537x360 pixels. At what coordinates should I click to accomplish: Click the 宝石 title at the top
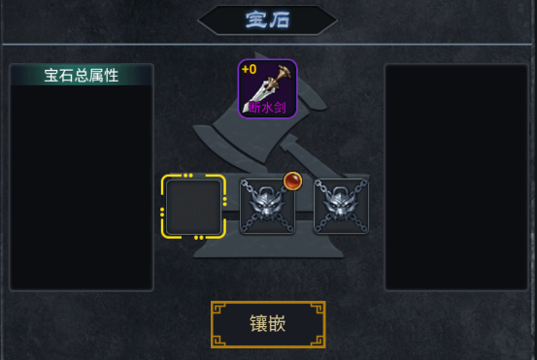pos(267,18)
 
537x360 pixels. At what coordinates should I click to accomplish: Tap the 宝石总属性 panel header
pos(82,75)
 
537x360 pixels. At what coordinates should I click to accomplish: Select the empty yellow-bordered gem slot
pos(194,206)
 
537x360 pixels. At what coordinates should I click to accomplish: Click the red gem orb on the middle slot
pos(292,180)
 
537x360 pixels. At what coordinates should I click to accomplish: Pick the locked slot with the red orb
pos(267,207)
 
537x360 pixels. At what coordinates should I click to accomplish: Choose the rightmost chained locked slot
pos(341,206)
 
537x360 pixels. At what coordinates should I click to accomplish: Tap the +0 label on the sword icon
pos(249,70)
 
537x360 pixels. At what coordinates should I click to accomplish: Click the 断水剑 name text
pos(267,108)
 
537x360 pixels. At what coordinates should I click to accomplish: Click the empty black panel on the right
pos(455,178)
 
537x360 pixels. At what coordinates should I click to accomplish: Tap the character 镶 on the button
pos(252,324)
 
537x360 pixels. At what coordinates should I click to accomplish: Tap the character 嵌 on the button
pos(283,324)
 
